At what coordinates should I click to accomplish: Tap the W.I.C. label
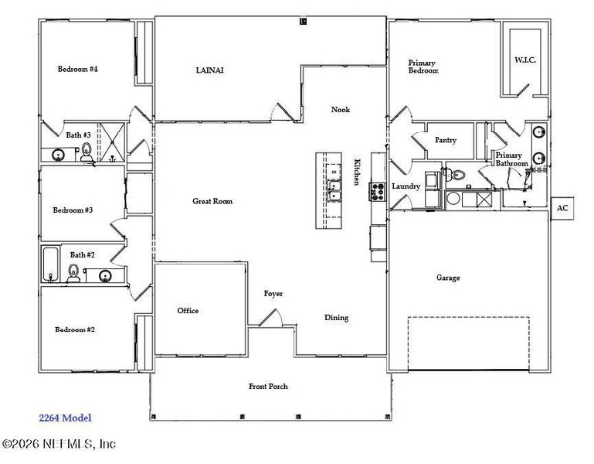[525, 60]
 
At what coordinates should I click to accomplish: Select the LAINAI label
[210, 70]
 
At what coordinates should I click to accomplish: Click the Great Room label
[212, 201]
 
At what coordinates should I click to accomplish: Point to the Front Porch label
[268, 386]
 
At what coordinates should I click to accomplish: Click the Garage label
[448, 278]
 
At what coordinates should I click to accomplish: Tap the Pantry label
[446, 140]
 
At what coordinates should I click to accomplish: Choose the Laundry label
[406, 186]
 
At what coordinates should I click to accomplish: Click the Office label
[188, 311]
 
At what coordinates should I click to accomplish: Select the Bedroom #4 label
[77, 69]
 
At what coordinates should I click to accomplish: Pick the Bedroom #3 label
[73, 210]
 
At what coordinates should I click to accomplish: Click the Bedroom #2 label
[74, 329]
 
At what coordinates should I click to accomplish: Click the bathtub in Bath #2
[50, 265]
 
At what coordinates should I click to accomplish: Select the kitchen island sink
[334, 189]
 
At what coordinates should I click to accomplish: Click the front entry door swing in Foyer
[271, 318]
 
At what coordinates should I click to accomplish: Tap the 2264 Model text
[65, 418]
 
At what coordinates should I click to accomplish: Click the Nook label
[341, 109]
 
